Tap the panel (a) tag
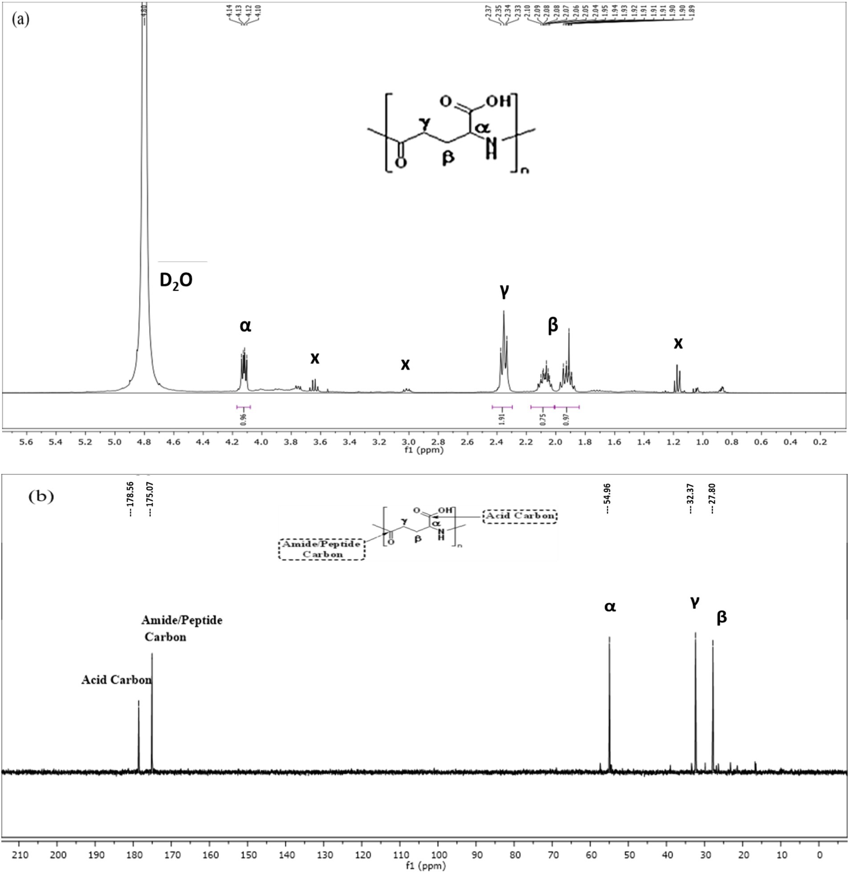(21, 20)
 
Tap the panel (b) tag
(41, 497)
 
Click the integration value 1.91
(502, 419)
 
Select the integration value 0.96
(244, 419)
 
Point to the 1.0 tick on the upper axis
(702, 442)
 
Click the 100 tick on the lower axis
(438, 855)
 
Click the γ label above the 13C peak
(695, 602)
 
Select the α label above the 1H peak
(245, 326)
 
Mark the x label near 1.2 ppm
(678, 343)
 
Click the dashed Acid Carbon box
(520, 516)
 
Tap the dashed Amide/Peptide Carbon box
(322, 549)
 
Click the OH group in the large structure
(498, 101)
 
